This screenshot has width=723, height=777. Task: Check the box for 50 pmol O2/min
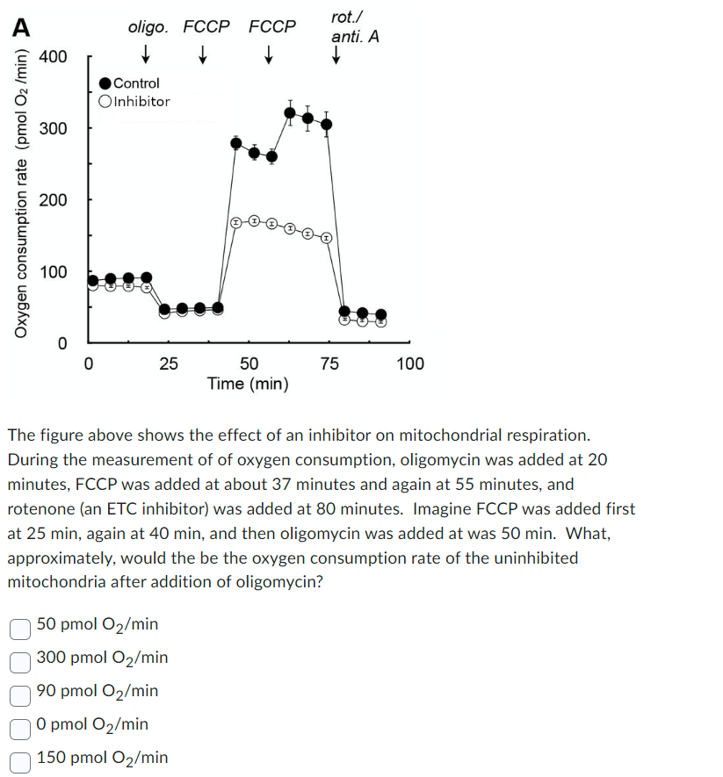[20, 625]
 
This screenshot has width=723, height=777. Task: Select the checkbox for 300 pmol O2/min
[20, 658]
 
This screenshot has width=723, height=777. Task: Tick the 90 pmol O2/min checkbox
[20, 692]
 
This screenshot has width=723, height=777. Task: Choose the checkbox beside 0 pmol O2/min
[20, 725]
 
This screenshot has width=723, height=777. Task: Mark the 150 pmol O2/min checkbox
[20, 759]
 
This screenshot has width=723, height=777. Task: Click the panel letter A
[19, 26]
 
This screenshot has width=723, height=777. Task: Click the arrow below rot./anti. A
[336, 57]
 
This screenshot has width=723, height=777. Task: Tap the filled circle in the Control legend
[105, 83]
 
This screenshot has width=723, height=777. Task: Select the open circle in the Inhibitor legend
[105, 101]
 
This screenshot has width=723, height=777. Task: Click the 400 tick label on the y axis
[53, 57]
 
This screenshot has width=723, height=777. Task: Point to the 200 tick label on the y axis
[53, 200]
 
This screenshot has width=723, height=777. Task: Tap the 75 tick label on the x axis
[329, 363]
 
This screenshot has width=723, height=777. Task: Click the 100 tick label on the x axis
[409, 363]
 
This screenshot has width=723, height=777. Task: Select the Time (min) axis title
[248, 384]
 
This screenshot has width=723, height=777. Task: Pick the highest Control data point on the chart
[290, 112]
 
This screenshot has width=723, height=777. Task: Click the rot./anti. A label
[354, 27]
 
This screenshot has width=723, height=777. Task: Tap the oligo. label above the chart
[148, 26]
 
